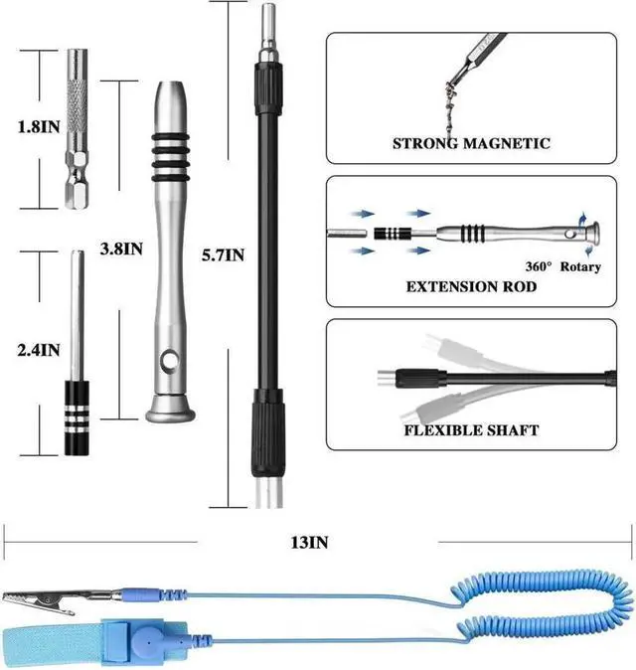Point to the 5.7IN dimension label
point(222,255)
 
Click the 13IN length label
point(308,542)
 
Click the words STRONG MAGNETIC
point(471,143)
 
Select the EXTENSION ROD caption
point(471,286)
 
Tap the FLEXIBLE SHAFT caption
point(471,430)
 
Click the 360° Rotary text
point(563,266)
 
